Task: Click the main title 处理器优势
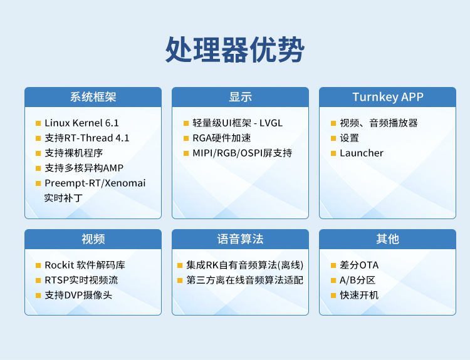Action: click(x=235, y=49)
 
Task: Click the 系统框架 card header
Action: click(x=93, y=97)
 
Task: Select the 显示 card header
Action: click(x=240, y=97)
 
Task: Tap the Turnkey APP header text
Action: click(x=388, y=97)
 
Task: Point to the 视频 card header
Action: click(x=93, y=239)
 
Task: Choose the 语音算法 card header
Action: click(x=240, y=239)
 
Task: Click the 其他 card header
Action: click(x=387, y=239)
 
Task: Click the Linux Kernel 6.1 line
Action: click(x=81, y=123)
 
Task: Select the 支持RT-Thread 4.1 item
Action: click(x=87, y=138)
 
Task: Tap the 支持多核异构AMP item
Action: click(x=84, y=168)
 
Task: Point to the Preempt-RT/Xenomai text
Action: click(x=95, y=183)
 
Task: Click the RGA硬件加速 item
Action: click(x=221, y=138)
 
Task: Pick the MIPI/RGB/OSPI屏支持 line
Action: click(x=242, y=153)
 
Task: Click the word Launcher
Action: click(x=362, y=153)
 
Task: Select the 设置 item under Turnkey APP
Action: click(x=349, y=138)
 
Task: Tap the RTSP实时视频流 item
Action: click(x=81, y=280)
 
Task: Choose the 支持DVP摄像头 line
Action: click(x=78, y=295)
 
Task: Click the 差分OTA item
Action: click(x=359, y=265)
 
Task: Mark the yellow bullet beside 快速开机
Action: click(x=333, y=296)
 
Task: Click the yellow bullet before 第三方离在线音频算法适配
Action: click(x=180, y=280)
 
